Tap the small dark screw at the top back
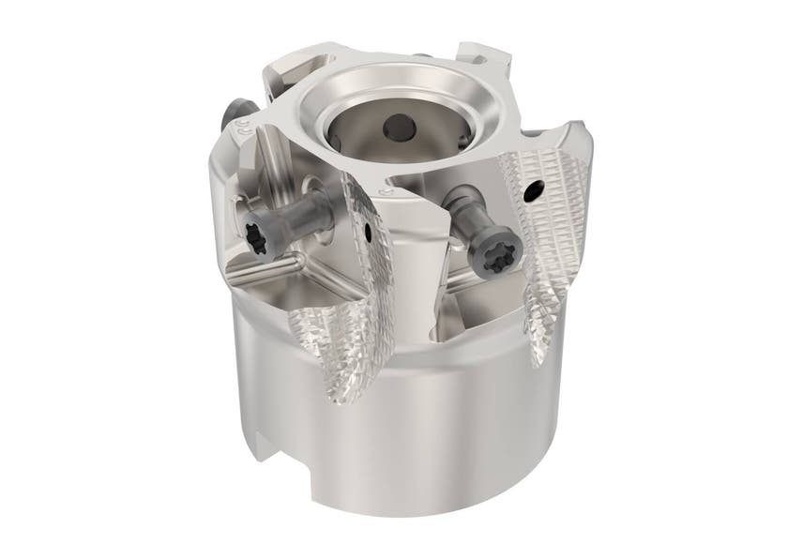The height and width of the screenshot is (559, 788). click(421, 59)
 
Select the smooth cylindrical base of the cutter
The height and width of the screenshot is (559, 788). click(432, 441)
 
